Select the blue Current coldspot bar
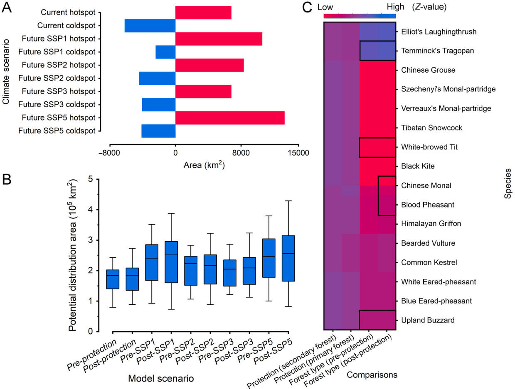pyautogui.click(x=150, y=25)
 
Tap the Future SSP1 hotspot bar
pyautogui.click(x=219, y=39)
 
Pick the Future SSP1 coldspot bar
pyautogui.click(x=165, y=52)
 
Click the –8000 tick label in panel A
pyautogui.click(x=108, y=153)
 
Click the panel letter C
pyautogui.click(x=307, y=7)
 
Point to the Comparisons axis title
pyautogui.click(x=372, y=374)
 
